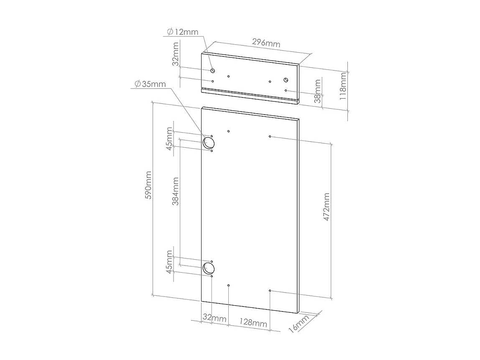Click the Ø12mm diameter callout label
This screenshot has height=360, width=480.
(183, 32)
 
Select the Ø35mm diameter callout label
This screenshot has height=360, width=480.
(150, 84)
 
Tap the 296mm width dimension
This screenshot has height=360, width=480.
(266, 43)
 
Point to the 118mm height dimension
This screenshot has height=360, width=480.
(343, 86)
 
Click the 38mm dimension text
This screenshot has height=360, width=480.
(318, 91)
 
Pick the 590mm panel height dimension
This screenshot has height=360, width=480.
(148, 185)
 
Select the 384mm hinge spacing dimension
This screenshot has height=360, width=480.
(175, 191)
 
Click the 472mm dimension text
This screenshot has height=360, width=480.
(326, 207)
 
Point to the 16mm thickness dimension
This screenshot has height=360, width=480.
(299, 324)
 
